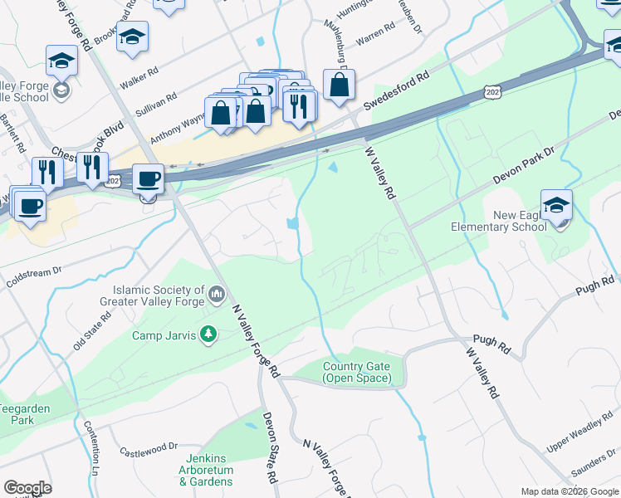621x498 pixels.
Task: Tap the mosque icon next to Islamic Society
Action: pyautogui.click(x=217, y=293)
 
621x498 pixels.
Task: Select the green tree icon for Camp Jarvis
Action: pyautogui.click(x=210, y=335)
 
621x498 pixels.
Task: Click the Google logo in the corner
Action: pyautogui.click(x=27, y=488)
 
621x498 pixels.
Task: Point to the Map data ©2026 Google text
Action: pyautogui.click(x=570, y=491)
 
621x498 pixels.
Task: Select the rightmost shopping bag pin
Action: pyautogui.click(x=339, y=85)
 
